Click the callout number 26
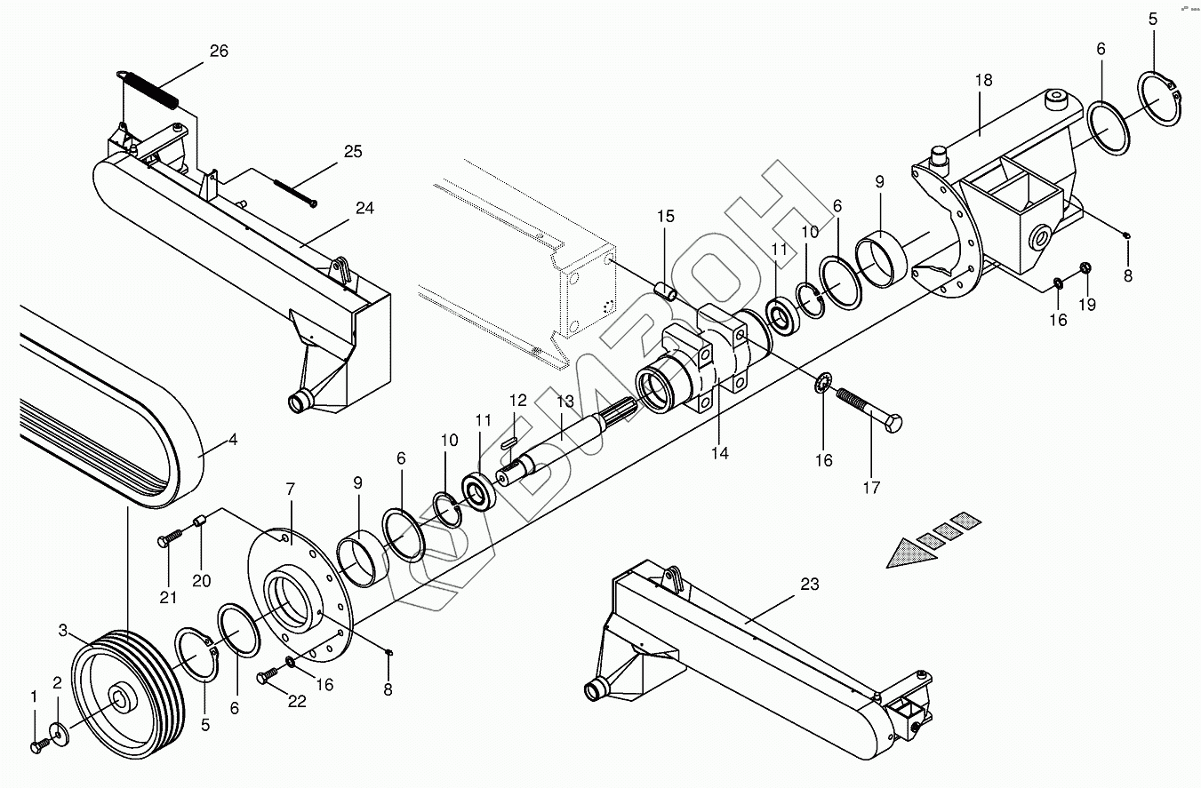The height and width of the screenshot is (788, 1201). click(x=219, y=52)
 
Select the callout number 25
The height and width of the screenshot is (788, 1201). click(x=353, y=152)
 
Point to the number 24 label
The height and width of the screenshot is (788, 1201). click(x=364, y=209)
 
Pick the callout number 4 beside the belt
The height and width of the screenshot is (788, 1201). click(x=233, y=439)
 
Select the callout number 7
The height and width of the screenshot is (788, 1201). click(x=290, y=490)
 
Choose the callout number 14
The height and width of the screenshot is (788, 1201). click(x=720, y=453)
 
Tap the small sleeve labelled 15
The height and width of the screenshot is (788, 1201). click(x=666, y=291)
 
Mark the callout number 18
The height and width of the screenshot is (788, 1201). click(x=983, y=81)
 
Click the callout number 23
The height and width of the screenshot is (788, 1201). click(x=809, y=585)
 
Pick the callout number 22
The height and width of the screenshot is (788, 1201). click(x=297, y=702)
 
